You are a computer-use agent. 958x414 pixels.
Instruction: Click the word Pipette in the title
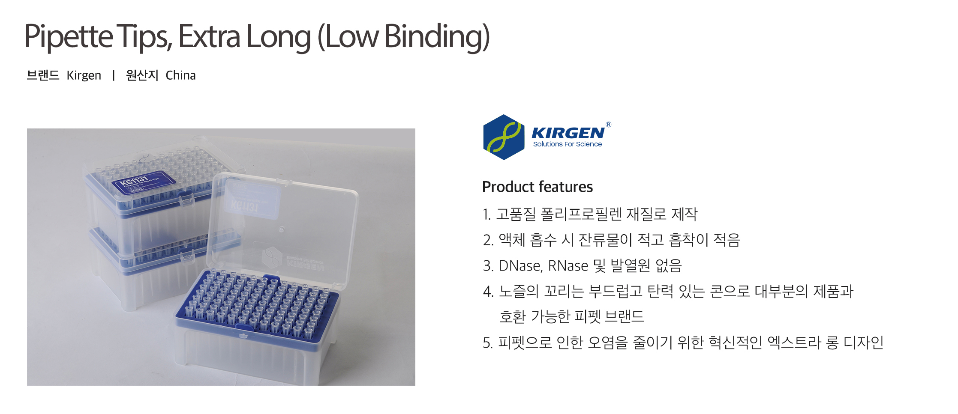point(69,37)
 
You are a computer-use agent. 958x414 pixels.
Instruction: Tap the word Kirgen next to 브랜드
point(84,75)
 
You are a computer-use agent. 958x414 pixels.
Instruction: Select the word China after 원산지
point(180,75)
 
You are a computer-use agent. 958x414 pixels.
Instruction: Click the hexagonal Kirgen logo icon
point(504,137)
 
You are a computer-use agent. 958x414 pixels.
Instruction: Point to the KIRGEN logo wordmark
point(568,133)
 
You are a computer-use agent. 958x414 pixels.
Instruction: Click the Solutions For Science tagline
point(567,144)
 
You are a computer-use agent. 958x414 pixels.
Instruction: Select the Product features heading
point(537,187)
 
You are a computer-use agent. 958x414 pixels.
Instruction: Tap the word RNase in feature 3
point(568,266)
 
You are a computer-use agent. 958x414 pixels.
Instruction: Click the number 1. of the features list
point(487,214)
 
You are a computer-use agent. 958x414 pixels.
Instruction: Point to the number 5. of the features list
point(487,343)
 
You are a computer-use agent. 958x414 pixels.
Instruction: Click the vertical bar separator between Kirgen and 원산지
point(114,75)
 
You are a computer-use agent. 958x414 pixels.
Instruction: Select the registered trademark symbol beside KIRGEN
point(608,125)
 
